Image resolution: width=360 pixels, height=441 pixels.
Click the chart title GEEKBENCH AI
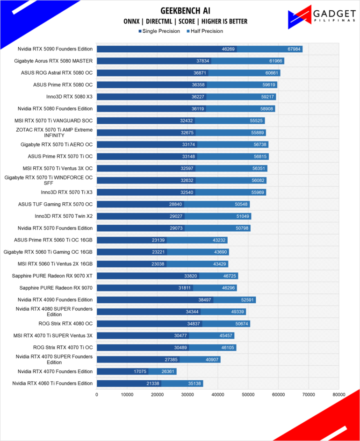coord(185,11)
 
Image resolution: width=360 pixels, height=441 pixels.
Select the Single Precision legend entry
coord(159,31)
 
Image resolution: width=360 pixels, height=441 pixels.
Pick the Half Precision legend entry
coord(205,31)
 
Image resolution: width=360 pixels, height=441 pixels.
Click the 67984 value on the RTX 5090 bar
coord(294,49)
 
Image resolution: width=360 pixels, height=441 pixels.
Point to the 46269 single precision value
coord(228,49)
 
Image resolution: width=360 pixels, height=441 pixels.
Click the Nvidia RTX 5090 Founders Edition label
coord(55,49)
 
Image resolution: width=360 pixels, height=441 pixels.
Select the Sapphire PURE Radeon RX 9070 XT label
coord(52,276)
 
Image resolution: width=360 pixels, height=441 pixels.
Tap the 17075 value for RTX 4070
coord(140,371)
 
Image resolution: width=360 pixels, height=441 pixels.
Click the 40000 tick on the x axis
coord(217,395)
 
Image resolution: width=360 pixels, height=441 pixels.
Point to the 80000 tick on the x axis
coord(338,395)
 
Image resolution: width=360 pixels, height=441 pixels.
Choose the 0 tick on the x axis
coord(97,395)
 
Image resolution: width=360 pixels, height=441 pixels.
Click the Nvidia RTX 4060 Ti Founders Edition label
coord(52,384)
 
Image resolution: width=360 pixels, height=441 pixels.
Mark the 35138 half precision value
coord(194,384)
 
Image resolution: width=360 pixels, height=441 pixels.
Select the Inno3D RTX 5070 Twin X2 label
coord(64,216)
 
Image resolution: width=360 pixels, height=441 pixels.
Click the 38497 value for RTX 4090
coord(205,300)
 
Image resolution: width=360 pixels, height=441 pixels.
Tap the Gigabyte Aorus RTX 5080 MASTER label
coord(53,61)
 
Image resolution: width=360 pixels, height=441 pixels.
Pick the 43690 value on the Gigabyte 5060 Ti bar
coord(220,252)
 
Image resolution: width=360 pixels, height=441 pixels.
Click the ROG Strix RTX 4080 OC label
coord(65,323)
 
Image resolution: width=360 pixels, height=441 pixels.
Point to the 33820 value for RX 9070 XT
coord(191,276)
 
